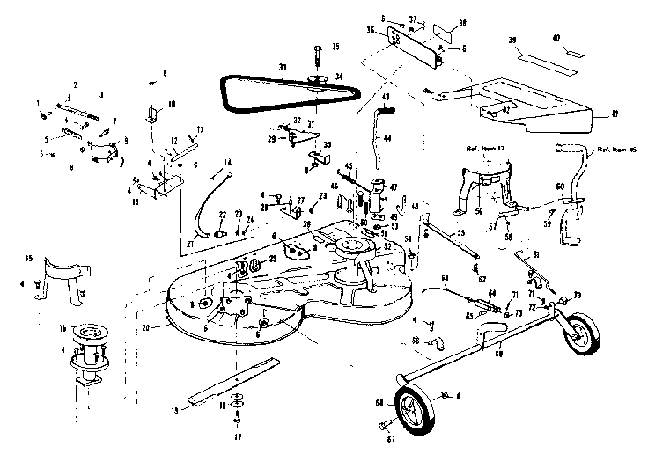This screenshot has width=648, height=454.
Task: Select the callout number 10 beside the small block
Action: point(173,104)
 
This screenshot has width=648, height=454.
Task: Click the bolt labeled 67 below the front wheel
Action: point(384,427)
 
